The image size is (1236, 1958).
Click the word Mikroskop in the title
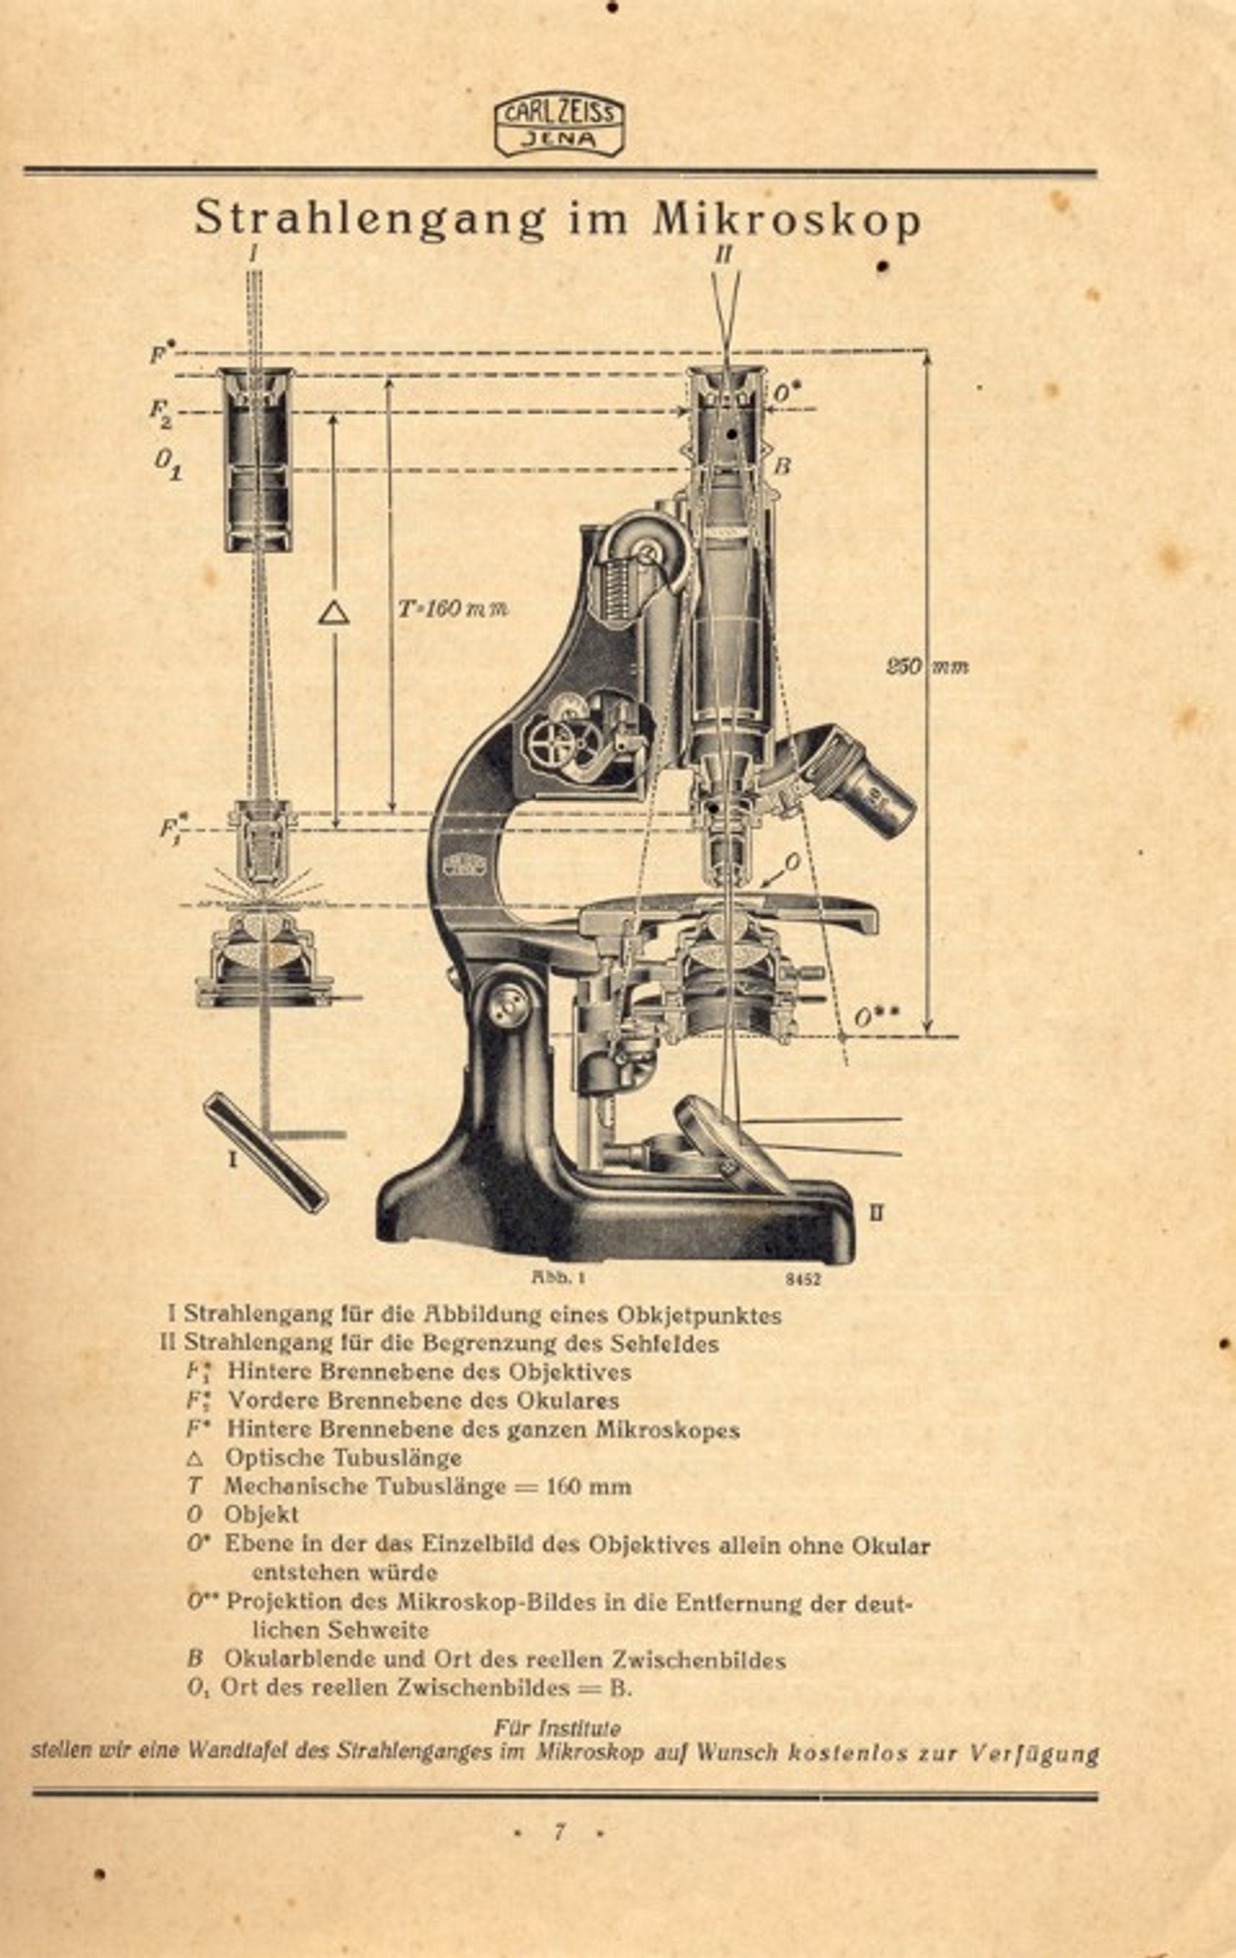click(786, 219)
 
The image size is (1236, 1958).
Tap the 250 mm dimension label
click(927, 666)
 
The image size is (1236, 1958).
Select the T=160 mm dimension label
click(452, 608)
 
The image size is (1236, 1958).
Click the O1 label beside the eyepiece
click(168, 464)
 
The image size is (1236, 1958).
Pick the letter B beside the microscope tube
click(782, 466)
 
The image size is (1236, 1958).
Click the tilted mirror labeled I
click(266, 1153)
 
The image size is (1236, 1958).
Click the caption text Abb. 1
click(559, 1278)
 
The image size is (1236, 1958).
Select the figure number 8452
click(802, 1278)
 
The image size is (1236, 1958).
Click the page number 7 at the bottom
click(559, 1832)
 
